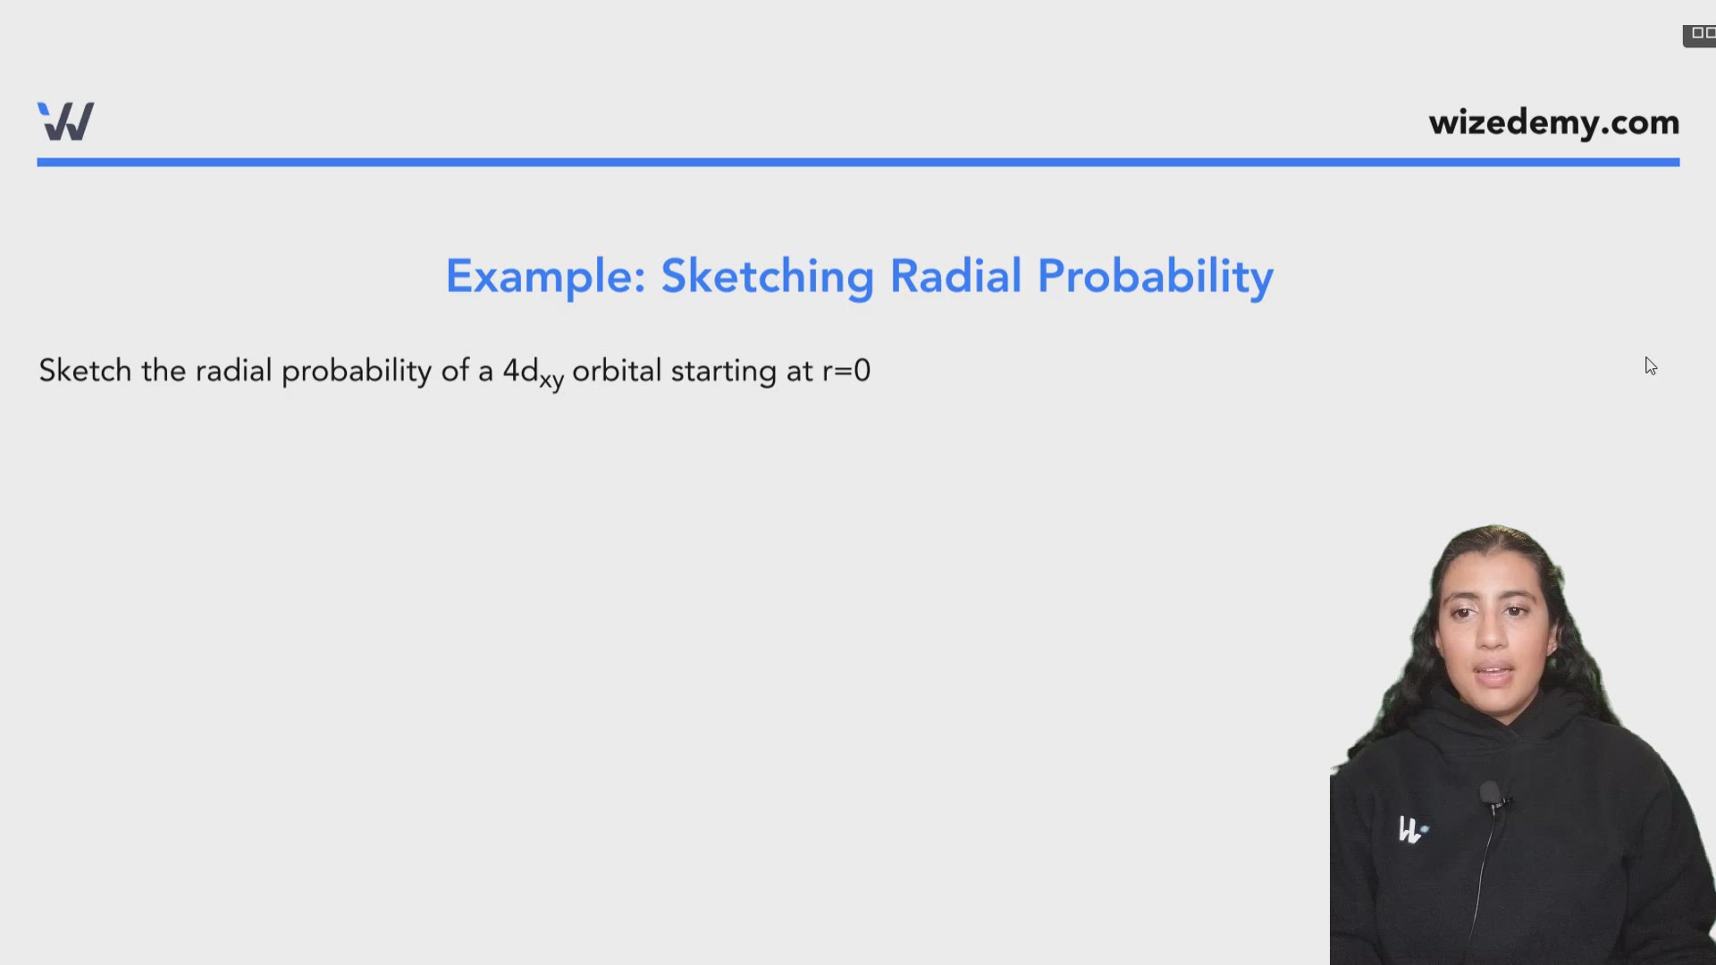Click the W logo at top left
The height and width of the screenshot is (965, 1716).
[x=65, y=122]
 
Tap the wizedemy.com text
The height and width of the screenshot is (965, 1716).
[x=1553, y=122]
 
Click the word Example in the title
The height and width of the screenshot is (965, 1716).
[x=545, y=276]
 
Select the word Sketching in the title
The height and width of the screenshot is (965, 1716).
[x=767, y=277]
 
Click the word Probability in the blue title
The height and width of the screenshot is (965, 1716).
[x=1155, y=277]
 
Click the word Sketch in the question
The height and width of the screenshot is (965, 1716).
[x=85, y=370]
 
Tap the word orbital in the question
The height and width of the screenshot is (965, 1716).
[x=617, y=370]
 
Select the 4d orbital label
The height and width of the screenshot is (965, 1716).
[x=520, y=370]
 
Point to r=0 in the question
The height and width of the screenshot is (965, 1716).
[x=846, y=371]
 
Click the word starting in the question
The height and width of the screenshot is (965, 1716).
[x=724, y=372]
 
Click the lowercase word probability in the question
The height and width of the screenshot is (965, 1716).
[x=357, y=372]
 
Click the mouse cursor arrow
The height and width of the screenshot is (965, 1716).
[x=1650, y=366]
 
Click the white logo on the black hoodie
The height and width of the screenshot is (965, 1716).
[x=1411, y=830]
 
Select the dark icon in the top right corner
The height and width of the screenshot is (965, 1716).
[x=1699, y=36]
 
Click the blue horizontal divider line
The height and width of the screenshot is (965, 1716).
[x=858, y=163]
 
